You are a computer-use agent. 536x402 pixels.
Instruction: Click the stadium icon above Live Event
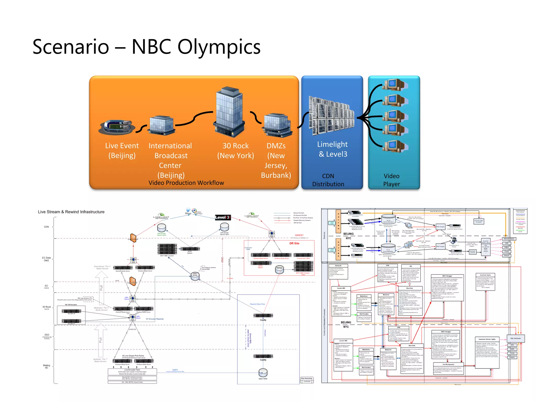click(117, 127)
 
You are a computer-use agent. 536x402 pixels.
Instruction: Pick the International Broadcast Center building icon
click(161, 125)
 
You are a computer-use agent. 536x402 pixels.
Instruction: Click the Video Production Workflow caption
click(186, 183)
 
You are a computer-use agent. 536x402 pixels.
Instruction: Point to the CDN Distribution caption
click(328, 180)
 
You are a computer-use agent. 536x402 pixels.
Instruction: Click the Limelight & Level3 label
click(332, 149)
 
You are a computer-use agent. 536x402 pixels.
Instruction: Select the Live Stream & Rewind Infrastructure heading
click(71, 212)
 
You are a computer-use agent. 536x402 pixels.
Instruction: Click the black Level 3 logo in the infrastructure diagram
click(222, 217)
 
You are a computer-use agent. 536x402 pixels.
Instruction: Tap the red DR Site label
click(294, 243)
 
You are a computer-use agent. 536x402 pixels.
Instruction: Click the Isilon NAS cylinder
click(263, 372)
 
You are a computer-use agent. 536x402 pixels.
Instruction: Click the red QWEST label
click(299, 235)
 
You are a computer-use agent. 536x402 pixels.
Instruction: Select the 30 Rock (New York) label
click(236, 150)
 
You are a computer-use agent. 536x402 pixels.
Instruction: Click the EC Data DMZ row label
click(46, 259)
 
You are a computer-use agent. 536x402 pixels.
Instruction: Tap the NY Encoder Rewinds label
click(155, 319)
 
